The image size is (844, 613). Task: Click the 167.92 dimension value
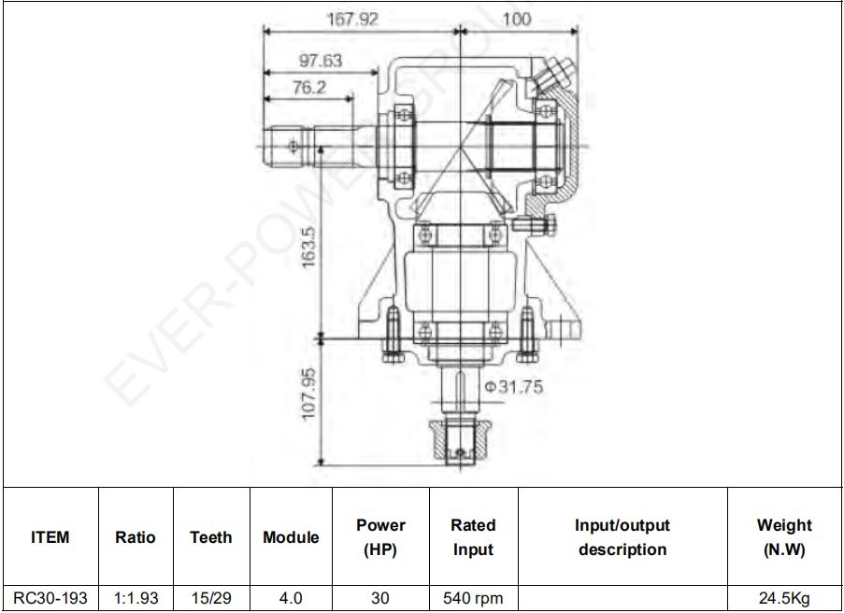pyautogui.click(x=353, y=20)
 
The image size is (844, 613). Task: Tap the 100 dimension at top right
pyautogui.click(x=516, y=20)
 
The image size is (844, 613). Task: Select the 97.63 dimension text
pyautogui.click(x=321, y=61)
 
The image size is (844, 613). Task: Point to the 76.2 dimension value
pyautogui.click(x=309, y=87)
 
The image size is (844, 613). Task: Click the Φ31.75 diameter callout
pyautogui.click(x=514, y=387)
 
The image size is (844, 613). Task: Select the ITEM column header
pyautogui.click(x=50, y=537)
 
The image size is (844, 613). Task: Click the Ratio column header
pyautogui.click(x=136, y=537)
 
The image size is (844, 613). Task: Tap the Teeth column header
pyautogui.click(x=211, y=537)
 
